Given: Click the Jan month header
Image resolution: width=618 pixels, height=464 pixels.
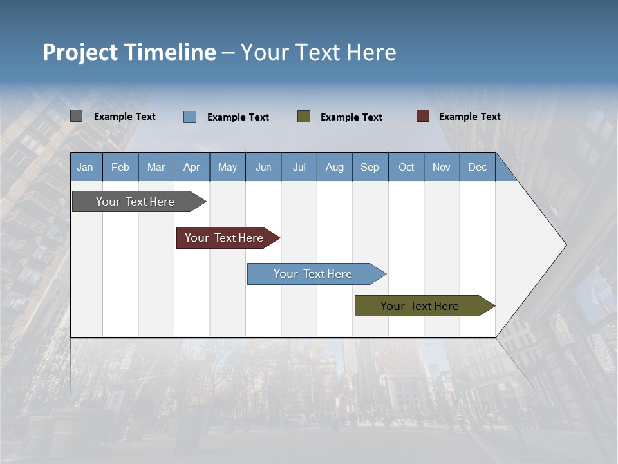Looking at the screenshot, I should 86,167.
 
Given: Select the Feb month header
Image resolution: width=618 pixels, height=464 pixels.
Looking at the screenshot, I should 120,167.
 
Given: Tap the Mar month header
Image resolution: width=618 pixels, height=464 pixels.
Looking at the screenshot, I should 156,167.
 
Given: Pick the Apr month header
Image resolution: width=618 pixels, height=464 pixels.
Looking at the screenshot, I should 192,167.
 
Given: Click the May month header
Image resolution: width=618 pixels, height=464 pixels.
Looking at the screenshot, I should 227,167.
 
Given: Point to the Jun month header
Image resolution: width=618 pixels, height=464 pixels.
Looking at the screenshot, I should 263,167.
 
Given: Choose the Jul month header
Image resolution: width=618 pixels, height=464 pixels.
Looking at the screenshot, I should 299,167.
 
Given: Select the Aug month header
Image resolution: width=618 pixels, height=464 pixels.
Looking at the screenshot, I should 335,167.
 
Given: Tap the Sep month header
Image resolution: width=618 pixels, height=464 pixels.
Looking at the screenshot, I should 370,167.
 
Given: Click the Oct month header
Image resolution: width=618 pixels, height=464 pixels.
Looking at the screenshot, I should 406,167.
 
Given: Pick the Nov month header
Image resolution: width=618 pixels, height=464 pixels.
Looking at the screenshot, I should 442,167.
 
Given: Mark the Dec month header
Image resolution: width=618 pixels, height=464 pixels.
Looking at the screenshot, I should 478,167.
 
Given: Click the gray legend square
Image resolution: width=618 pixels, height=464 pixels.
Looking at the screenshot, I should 76,116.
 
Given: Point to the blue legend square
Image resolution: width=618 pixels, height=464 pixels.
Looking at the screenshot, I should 190,117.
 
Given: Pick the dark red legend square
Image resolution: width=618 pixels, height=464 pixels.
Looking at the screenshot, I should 423,116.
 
